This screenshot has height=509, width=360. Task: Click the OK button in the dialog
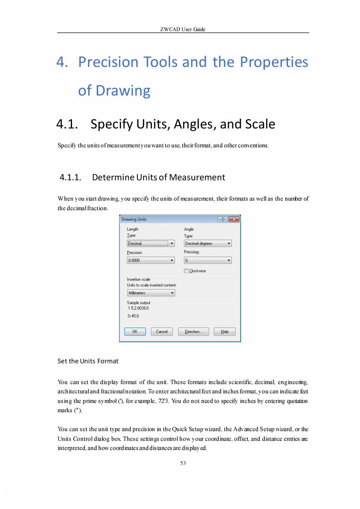tap(135, 332)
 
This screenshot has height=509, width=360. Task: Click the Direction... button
tap(193, 332)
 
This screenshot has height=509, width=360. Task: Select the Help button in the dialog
tap(225, 332)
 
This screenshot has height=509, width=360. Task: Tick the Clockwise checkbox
tap(186, 271)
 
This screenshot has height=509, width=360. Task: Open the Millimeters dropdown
tap(151, 293)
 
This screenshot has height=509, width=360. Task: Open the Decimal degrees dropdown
tap(208, 244)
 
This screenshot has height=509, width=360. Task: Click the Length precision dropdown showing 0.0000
tap(151, 260)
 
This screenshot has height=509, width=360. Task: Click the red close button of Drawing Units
tap(234, 219)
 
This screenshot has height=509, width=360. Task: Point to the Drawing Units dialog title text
tap(134, 219)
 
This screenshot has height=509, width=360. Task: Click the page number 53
tap(183, 464)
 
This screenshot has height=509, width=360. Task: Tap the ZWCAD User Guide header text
tap(183, 29)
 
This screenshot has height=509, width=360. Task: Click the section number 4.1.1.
tap(70, 177)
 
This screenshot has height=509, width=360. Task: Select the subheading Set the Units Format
tap(88, 361)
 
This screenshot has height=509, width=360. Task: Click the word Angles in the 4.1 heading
tap(193, 124)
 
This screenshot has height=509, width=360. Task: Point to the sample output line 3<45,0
tap(133, 316)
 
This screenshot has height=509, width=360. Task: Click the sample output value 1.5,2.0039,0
tap(138, 308)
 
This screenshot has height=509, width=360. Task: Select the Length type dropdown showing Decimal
tap(151, 244)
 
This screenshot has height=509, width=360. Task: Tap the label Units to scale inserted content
tap(152, 285)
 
